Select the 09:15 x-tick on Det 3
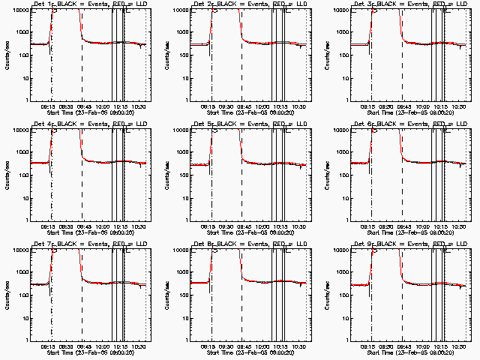[370, 106]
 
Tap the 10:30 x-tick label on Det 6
[448, 226]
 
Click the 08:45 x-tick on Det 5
[242, 226]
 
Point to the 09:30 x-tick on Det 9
[388, 346]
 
